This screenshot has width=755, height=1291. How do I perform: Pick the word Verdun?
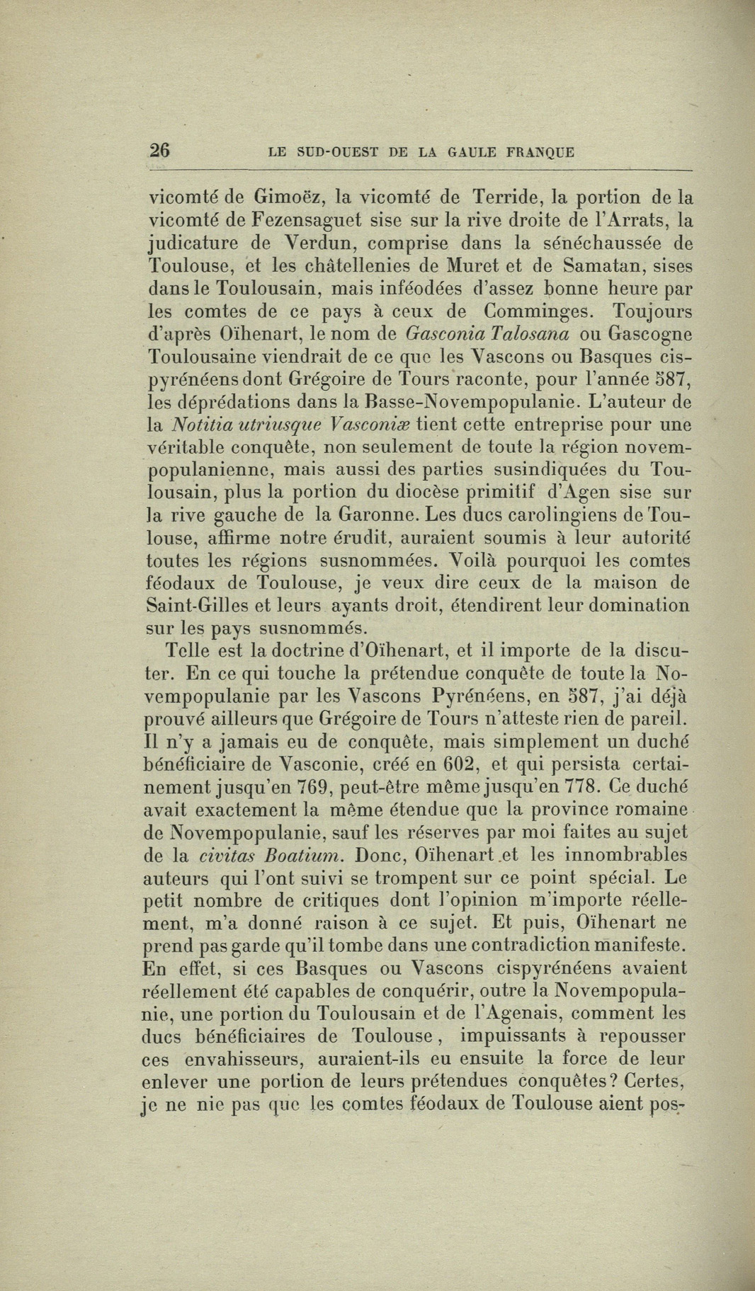[x=315, y=243]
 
